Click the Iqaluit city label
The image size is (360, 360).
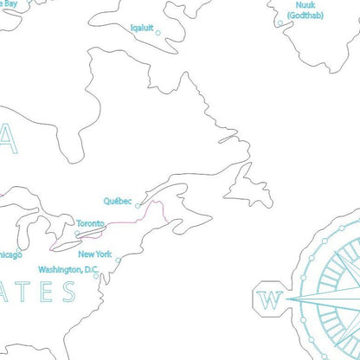[142, 27]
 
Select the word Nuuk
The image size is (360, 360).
[305, 5]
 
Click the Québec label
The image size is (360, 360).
[117, 201]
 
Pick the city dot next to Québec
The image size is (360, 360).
[137, 205]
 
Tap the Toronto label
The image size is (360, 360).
[89, 223]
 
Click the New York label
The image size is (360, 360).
[94, 254]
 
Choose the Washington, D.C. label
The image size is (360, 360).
[67, 270]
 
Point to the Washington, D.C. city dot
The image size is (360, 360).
[95, 277]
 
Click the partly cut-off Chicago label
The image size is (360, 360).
[10, 254]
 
